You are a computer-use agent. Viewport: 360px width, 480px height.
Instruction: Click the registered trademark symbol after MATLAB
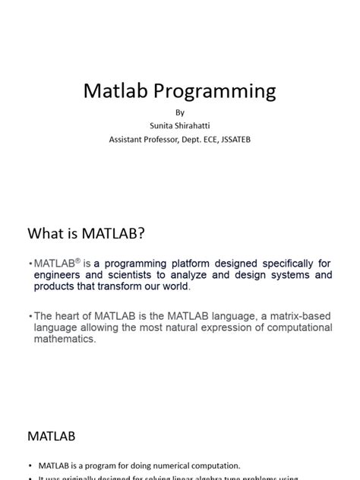tap(77, 260)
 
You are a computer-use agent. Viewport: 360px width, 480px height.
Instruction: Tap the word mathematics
tap(65, 339)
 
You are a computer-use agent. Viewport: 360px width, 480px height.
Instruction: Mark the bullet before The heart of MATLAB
tap(30, 315)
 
